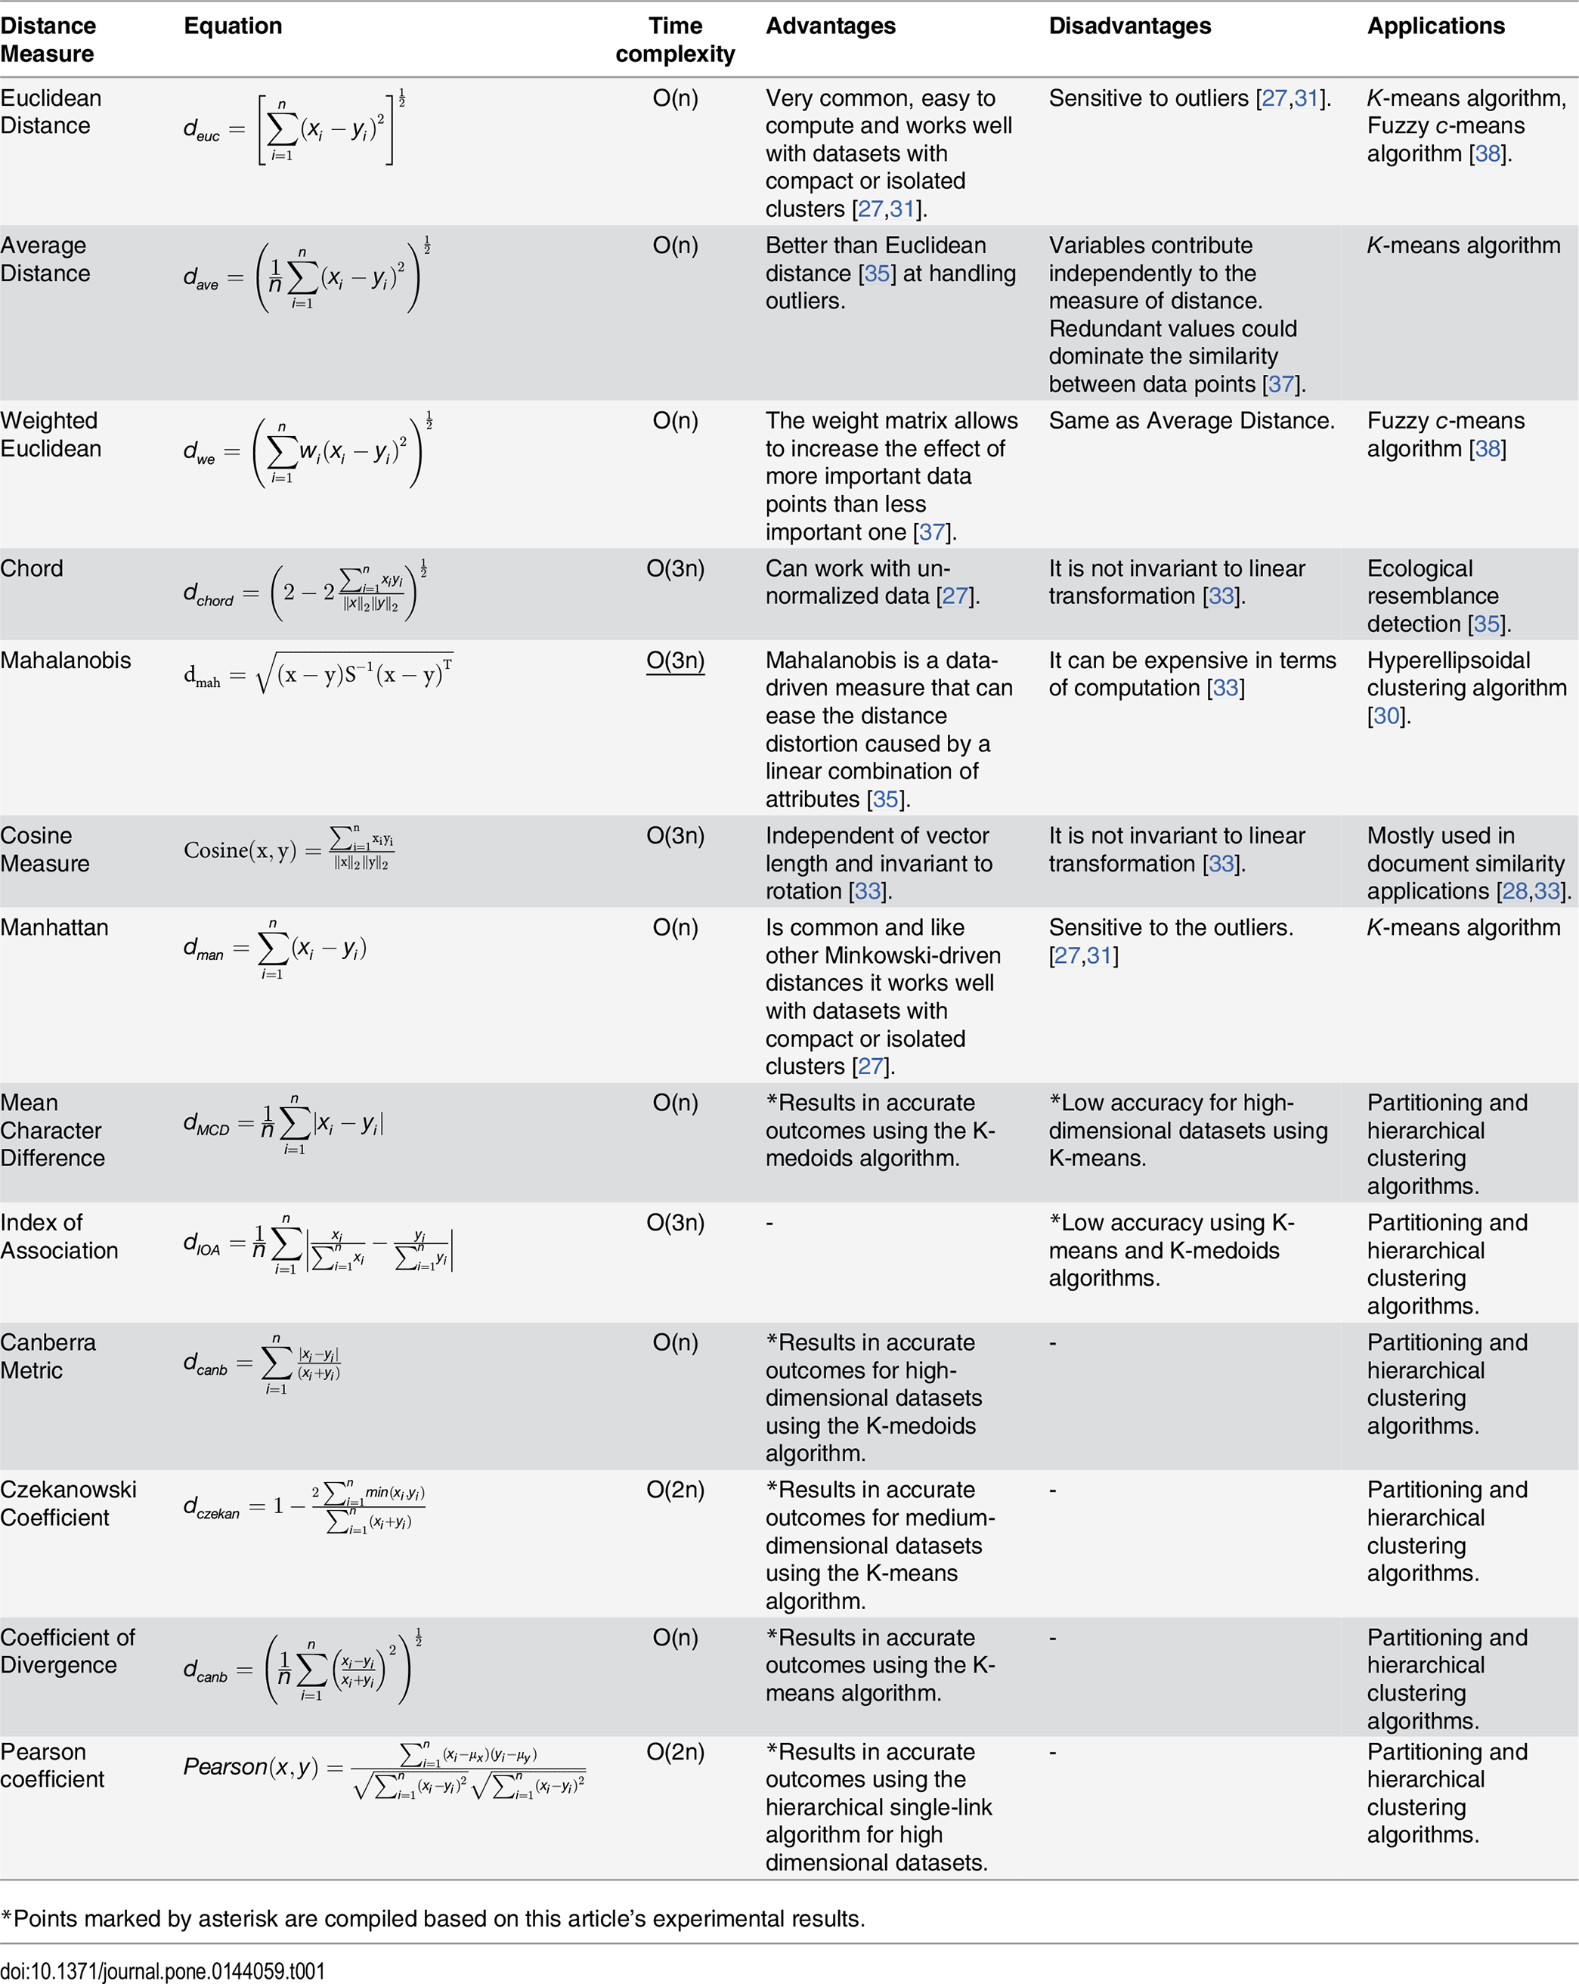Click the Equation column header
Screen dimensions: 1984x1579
233,26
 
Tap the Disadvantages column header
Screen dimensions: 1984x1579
1129,26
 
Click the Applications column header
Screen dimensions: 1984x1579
1435,26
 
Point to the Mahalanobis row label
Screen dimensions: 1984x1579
65,660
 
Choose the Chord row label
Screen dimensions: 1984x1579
33,568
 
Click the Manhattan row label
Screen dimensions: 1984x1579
54,927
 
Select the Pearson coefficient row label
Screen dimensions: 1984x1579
52,1765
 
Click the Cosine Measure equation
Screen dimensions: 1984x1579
289,850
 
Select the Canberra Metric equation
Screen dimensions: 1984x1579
262,1363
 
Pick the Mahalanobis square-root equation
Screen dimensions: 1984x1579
317,674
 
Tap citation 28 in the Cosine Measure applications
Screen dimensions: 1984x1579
1514,891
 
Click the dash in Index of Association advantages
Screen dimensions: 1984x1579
769,1223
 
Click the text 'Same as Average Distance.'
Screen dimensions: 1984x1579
1190,420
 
